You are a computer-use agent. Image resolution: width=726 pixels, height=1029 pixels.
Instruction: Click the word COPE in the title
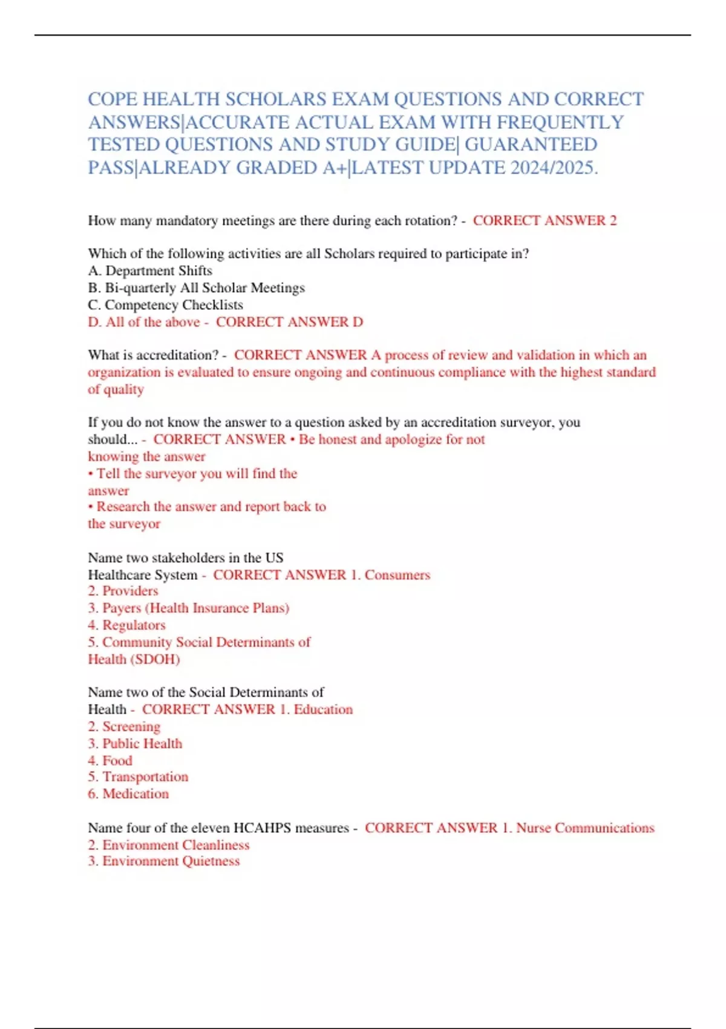[113, 99]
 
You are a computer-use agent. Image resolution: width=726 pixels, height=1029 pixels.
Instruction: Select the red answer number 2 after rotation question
[613, 221]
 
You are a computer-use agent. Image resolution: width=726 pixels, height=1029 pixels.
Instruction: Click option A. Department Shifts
[150, 271]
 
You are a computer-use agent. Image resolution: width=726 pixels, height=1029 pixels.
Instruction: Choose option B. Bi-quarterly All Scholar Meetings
[196, 288]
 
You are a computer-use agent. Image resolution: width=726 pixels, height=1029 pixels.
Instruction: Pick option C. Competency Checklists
[165, 305]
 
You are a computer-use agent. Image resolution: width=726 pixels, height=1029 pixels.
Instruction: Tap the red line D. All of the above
[143, 322]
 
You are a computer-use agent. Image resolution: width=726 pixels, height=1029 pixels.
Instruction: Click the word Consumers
[397, 575]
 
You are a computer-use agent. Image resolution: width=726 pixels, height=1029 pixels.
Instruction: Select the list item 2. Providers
[123, 591]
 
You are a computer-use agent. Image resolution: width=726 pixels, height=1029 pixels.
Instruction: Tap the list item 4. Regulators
[126, 625]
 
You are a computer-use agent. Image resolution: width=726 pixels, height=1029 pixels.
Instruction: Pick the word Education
[323, 709]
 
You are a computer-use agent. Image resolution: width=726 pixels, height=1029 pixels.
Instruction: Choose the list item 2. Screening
[124, 726]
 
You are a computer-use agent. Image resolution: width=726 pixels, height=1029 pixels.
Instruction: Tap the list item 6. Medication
[128, 794]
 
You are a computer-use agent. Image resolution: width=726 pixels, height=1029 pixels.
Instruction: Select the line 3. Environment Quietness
[163, 861]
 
